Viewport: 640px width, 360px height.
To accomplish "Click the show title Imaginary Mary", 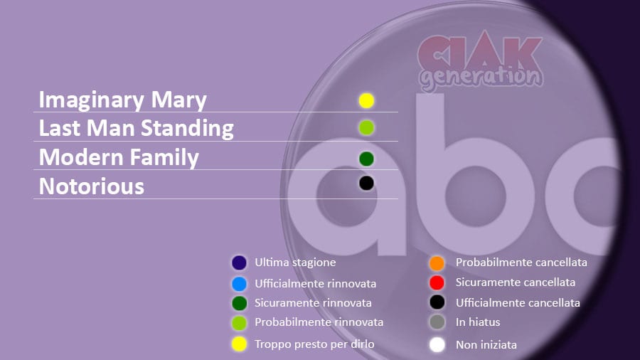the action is click(x=123, y=100).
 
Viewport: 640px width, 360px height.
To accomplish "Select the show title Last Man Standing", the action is click(x=137, y=128).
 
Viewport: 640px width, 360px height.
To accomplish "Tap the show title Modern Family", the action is click(x=119, y=157).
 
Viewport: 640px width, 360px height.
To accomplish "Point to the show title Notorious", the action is click(x=92, y=186).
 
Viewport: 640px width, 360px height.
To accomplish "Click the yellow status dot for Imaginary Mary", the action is click(x=366, y=101).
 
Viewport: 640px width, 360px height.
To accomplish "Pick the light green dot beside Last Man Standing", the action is click(x=366, y=128).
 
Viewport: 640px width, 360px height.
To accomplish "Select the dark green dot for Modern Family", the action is click(x=366, y=159).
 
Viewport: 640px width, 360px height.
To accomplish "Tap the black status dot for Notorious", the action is click(x=366, y=184).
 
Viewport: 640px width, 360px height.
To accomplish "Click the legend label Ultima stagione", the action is click(x=295, y=263).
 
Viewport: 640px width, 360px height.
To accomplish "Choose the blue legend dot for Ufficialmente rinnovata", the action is click(x=239, y=284).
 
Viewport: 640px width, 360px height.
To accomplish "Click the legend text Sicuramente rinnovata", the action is click(x=313, y=303).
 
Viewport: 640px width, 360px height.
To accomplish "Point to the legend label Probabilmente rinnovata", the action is click(x=319, y=322).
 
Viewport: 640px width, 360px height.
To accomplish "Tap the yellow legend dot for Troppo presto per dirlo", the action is click(x=239, y=344).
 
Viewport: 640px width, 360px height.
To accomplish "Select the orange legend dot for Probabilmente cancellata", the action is click(x=437, y=263).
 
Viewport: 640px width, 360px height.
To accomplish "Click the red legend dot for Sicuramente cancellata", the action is click(x=437, y=282).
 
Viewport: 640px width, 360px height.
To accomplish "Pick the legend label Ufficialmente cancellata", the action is click(x=518, y=303).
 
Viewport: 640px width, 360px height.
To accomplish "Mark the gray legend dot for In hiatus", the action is click(x=437, y=322).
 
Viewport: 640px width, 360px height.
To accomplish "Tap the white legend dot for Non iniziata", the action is click(x=437, y=344).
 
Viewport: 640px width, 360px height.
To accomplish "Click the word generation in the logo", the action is click(x=481, y=77).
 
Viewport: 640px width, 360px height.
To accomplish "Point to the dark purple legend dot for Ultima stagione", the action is click(x=239, y=263).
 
